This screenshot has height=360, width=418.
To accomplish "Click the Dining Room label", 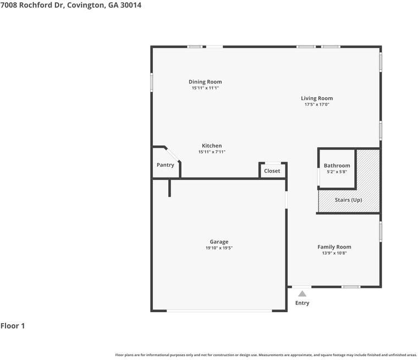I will (x=205, y=82).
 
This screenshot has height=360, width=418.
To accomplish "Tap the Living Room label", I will (x=317, y=98).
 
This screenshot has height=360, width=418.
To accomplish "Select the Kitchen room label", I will (x=212, y=146).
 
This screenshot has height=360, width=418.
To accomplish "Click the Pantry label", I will (x=165, y=165).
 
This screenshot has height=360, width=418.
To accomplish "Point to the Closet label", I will (x=272, y=171).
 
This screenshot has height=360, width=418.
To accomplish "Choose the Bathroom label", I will (x=337, y=165).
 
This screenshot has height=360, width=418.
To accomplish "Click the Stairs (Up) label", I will (x=348, y=200).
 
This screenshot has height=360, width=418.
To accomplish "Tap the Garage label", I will (x=219, y=242).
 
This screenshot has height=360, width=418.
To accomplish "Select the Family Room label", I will (x=334, y=247).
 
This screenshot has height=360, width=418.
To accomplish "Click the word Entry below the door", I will (x=302, y=303).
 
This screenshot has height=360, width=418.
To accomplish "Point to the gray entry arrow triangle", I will (x=302, y=293).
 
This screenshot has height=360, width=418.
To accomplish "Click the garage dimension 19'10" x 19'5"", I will (x=219, y=248).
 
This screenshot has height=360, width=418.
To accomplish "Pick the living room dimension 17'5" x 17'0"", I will (x=317, y=104).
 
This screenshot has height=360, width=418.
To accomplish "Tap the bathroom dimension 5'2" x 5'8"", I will (x=337, y=172).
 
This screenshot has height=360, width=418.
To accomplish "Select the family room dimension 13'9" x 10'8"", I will (x=334, y=253).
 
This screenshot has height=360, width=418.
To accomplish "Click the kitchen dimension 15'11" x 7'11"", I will (x=212, y=152).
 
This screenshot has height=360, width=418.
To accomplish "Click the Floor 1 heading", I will (x=13, y=326).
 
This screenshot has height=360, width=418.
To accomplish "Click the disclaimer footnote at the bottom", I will (x=266, y=355).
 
